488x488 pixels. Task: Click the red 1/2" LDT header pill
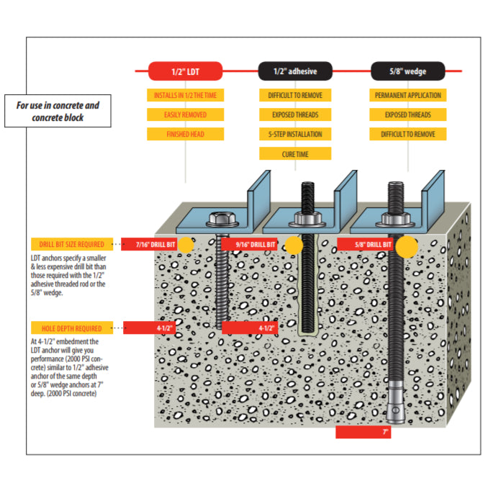pyautogui.click(x=185, y=71)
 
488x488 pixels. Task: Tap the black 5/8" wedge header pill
pyautogui.click(x=407, y=71)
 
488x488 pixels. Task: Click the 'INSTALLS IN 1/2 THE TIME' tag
pyautogui.click(x=185, y=95)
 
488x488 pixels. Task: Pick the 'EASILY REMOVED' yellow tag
pyautogui.click(x=185, y=114)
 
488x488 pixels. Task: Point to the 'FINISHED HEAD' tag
pyautogui.click(x=185, y=134)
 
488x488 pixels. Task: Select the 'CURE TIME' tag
pyautogui.click(x=295, y=153)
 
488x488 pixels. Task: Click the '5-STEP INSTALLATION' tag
pyautogui.click(x=295, y=134)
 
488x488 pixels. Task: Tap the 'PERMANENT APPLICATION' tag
pyautogui.click(x=408, y=95)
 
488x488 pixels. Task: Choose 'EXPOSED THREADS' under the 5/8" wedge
pyautogui.click(x=408, y=114)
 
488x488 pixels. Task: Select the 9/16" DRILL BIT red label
pyautogui.click(x=250, y=245)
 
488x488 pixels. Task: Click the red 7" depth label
pyautogui.click(x=363, y=433)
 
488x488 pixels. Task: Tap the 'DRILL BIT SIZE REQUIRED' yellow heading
pyautogui.click(x=72, y=245)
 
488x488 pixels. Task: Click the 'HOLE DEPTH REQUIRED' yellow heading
pyautogui.click(x=72, y=328)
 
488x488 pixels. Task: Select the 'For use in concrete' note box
pyautogui.click(x=58, y=111)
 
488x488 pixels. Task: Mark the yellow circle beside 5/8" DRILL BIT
pyautogui.click(x=407, y=245)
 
